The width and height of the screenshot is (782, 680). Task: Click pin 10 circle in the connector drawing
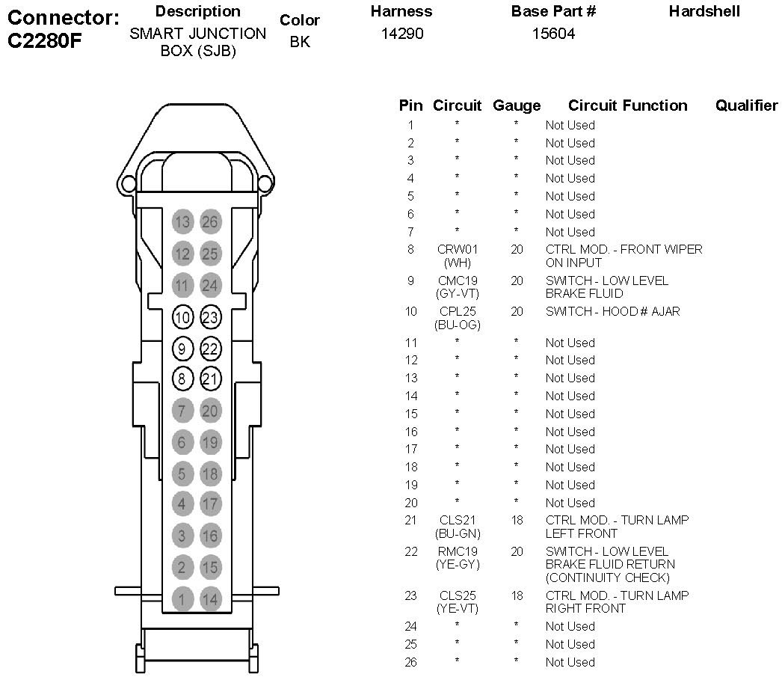(x=182, y=317)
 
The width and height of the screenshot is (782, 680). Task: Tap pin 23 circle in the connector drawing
(x=210, y=317)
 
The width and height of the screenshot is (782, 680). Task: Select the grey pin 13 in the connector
(x=182, y=221)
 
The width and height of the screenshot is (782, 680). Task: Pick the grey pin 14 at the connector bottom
(x=210, y=598)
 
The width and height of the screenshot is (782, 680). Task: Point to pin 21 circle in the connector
(x=210, y=379)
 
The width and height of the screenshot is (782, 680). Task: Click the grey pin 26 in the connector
(x=210, y=221)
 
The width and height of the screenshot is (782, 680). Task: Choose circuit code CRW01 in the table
(x=457, y=250)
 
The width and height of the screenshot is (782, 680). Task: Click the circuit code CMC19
(x=457, y=281)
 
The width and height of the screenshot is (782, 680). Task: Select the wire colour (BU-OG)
(x=457, y=325)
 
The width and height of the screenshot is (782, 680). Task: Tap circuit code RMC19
(x=457, y=551)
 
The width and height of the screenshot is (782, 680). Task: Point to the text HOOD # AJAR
(x=642, y=311)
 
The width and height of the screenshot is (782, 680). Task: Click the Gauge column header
(x=516, y=105)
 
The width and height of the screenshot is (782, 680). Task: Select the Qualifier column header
(x=746, y=105)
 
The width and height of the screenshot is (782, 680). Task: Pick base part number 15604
(x=553, y=34)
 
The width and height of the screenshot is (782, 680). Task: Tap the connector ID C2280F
(x=44, y=41)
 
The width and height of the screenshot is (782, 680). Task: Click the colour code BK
(x=299, y=42)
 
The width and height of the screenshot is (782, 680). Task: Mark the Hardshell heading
(x=704, y=11)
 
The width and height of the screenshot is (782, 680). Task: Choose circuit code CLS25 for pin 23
(x=457, y=595)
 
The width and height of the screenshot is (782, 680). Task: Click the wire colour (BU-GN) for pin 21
(x=457, y=533)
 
